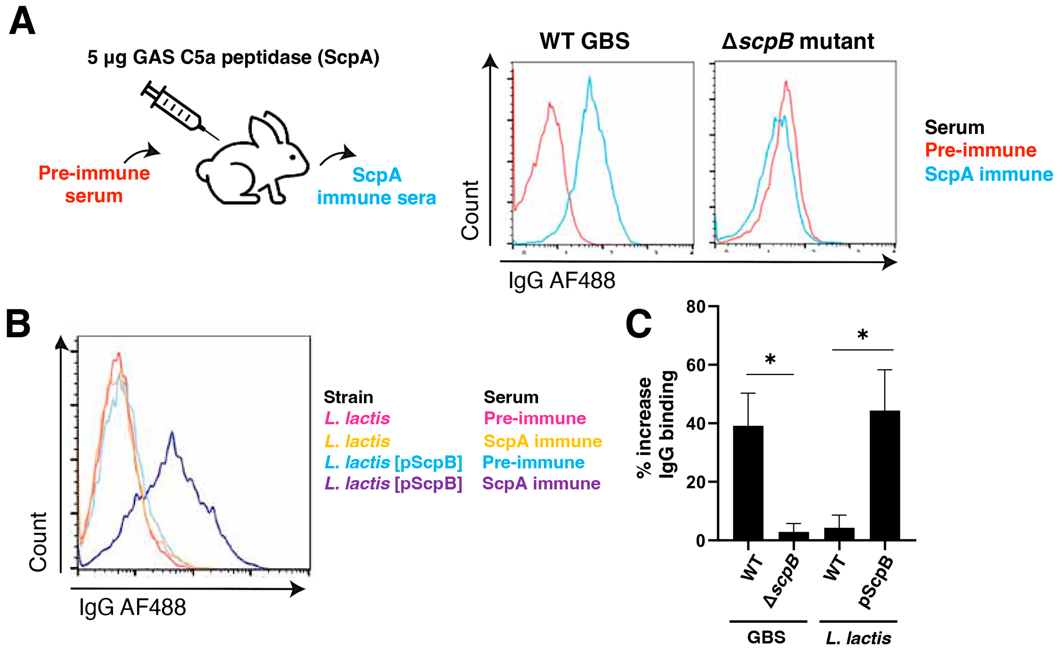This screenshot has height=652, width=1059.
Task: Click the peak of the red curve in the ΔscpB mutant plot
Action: pyautogui.click(x=786, y=82)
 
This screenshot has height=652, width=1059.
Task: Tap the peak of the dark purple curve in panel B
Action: pyautogui.click(x=172, y=432)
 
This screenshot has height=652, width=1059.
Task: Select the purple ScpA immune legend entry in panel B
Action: pyautogui.click(x=541, y=483)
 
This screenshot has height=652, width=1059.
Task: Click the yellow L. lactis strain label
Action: pyautogui.click(x=357, y=441)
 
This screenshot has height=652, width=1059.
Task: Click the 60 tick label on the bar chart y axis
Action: pyautogui.click(x=695, y=365)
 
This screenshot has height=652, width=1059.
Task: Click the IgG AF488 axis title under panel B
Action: pyautogui.click(x=132, y=607)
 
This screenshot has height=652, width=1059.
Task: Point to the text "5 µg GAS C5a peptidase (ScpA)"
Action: pyautogui.click(x=233, y=57)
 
